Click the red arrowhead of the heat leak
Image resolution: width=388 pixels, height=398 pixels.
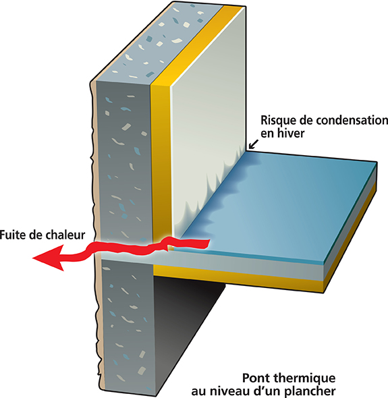[48, 258]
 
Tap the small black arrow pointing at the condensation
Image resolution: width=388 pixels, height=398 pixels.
[254, 144]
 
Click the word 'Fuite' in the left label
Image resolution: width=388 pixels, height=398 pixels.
[12, 235]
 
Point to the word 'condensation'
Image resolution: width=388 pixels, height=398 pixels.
[352, 120]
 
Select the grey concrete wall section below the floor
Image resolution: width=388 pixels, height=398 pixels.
[127, 327]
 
